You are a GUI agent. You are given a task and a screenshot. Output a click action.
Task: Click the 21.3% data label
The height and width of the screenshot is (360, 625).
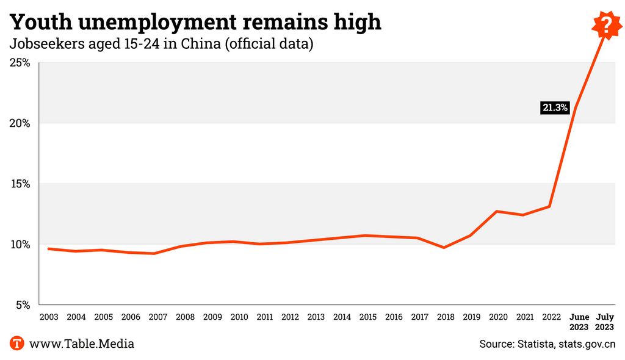554,108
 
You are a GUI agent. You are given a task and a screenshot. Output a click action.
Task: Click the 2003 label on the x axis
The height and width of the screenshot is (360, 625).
49,317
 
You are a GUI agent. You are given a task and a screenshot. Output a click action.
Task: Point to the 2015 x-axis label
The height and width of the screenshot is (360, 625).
367,317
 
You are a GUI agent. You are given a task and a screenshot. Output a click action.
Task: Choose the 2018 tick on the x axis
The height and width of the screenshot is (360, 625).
446,317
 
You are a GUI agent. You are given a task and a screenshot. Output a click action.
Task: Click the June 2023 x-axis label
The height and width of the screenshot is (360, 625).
579,322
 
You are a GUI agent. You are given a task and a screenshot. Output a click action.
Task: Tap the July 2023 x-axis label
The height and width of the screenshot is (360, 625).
605,322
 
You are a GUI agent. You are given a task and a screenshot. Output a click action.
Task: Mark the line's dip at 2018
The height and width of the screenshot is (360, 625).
444,247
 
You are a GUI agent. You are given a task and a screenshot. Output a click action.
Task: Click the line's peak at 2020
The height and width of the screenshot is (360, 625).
497,212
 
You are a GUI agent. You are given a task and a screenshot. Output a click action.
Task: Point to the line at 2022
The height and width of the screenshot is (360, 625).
550,206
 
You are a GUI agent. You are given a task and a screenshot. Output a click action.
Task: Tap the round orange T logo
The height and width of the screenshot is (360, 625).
17,344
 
